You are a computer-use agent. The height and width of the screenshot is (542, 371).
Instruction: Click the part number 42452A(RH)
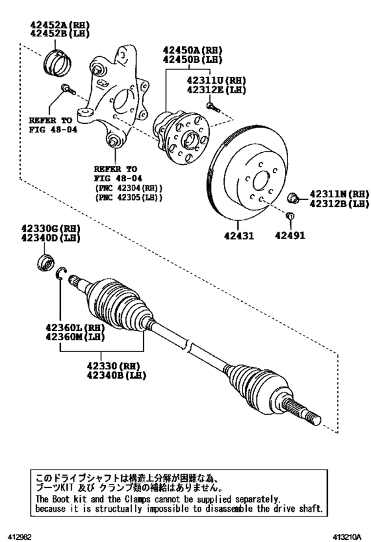[60, 25]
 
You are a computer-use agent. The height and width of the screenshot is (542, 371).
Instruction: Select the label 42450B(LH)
[192, 60]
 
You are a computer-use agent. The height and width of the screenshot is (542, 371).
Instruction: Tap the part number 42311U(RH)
[216, 81]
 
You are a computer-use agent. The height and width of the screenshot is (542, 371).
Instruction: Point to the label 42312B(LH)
[339, 204]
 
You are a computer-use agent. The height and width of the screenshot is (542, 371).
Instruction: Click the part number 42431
[238, 236]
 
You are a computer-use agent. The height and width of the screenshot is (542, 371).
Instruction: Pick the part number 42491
[290, 236]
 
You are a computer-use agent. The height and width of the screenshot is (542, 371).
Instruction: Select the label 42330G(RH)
[50, 228]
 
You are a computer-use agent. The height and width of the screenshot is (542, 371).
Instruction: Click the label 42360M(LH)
[75, 336]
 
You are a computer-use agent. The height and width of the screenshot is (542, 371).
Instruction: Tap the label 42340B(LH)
[117, 375]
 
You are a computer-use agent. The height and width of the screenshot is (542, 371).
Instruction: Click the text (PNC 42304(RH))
[129, 188]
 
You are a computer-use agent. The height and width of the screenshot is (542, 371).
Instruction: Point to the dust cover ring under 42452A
[58, 60]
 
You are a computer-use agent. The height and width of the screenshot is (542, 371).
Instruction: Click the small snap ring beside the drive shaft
[61, 273]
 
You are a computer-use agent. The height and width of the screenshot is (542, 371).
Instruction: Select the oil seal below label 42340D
[45, 261]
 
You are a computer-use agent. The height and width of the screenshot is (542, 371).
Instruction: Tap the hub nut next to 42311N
[293, 197]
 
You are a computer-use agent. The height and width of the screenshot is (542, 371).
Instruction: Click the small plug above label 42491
[290, 216]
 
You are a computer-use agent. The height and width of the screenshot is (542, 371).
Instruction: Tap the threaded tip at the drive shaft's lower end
[315, 420]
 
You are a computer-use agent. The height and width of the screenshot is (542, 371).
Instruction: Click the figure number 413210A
[346, 537]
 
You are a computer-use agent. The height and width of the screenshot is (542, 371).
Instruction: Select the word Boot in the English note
[60, 499]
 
